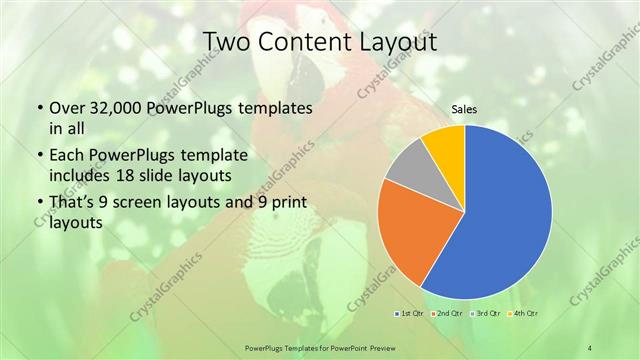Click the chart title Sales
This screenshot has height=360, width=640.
click(464, 109)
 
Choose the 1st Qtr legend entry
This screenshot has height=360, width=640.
click(410, 314)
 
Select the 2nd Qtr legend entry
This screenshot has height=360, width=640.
click(446, 314)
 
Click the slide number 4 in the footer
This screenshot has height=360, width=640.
click(590, 347)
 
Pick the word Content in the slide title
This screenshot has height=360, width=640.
click(303, 41)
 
